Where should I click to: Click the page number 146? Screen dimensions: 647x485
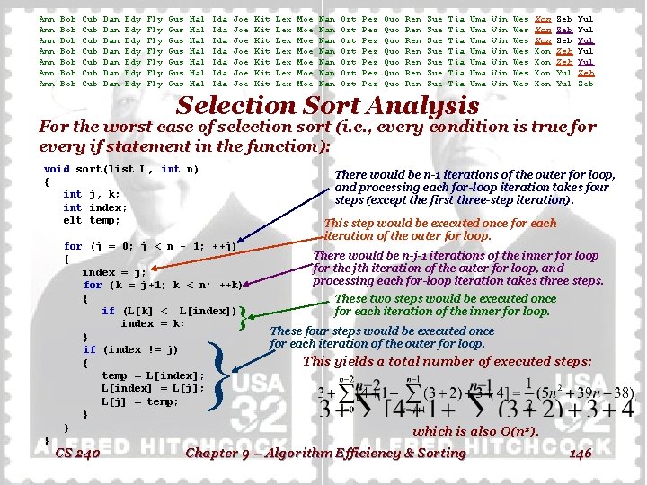pyautogui.click(x=581, y=454)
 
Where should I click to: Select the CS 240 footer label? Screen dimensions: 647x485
pyautogui.click(x=77, y=454)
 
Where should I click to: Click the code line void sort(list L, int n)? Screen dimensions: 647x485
pyautogui.click(x=121, y=169)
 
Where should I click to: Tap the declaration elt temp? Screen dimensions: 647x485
pyautogui.click(x=92, y=220)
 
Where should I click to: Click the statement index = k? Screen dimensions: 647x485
pyautogui.click(x=153, y=323)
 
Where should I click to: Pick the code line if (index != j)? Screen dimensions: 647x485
pyautogui.click(x=130, y=349)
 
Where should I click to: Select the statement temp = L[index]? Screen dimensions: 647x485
pyautogui.click(x=153, y=375)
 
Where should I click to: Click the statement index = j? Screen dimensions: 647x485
pyautogui.click(x=114, y=272)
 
